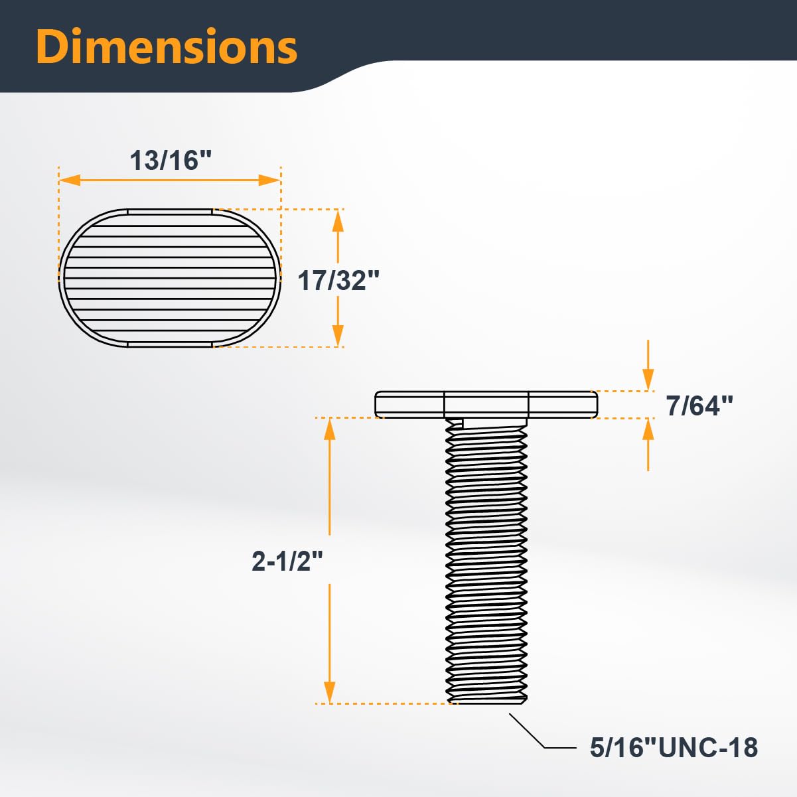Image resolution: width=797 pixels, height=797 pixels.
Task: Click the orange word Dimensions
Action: point(167,46)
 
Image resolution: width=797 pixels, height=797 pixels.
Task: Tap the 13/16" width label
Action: point(171,160)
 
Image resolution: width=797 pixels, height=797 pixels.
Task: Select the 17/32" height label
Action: point(338,281)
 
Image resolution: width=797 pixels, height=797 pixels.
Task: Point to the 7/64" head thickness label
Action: point(699,405)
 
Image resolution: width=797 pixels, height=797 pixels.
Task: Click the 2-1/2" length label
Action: point(287,561)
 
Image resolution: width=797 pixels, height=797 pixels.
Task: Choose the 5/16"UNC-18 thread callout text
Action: point(674,747)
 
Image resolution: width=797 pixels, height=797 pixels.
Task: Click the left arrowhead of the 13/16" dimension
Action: point(70,180)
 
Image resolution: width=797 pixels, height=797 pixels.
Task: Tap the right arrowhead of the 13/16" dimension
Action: point(269,180)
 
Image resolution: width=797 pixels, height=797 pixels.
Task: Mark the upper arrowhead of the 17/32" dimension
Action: point(338,220)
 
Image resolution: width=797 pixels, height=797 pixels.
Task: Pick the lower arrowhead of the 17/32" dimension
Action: point(338,336)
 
